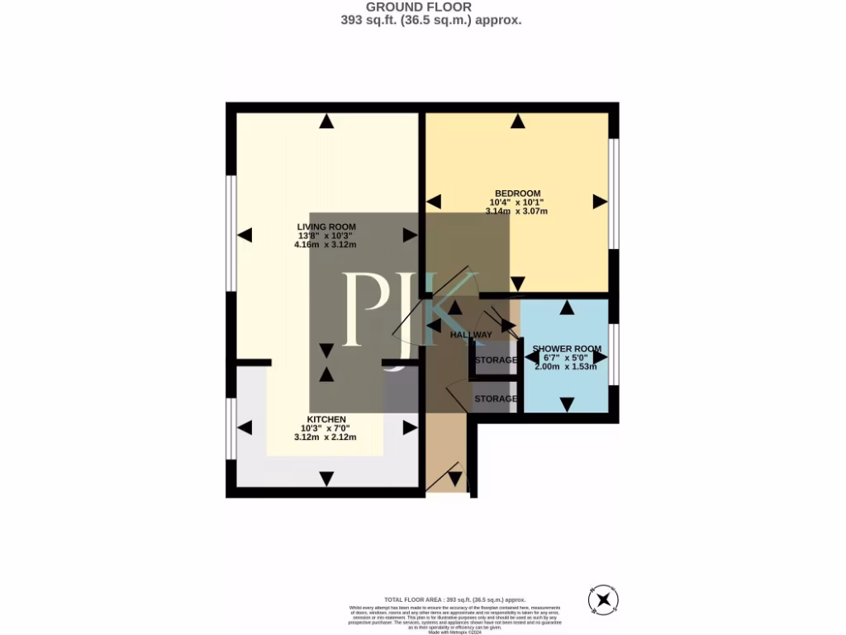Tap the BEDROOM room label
click(517, 193)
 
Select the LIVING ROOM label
click(326, 227)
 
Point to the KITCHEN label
click(326, 419)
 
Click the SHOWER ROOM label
click(567, 349)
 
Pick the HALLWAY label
click(471, 335)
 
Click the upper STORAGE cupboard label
click(496, 360)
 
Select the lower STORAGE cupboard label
click(496, 399)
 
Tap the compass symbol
click(604, 598)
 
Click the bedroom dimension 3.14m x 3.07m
click(517, 212)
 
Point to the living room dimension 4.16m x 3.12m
click(326, 245)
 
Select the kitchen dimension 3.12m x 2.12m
click(326, 437)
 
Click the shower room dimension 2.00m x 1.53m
click(567, 367)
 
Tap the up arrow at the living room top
click(327, 122)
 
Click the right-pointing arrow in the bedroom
click(600, 202)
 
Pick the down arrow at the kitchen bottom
click(327, 478)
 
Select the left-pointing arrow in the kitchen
click(245, 427)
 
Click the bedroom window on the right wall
click(614, 193)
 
